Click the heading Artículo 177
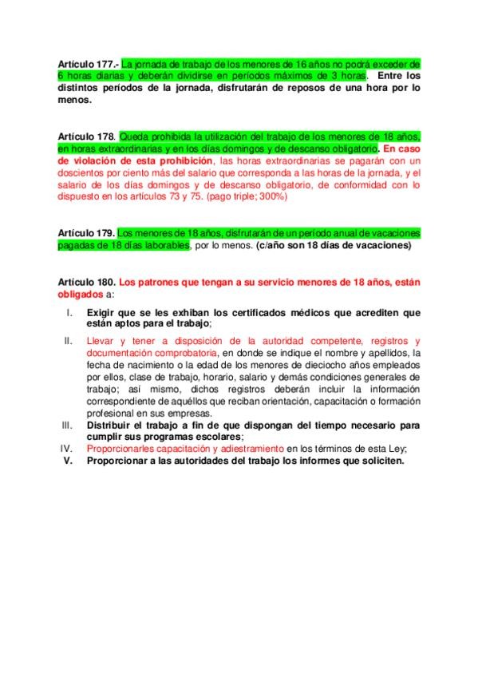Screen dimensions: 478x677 88,63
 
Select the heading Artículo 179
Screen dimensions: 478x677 87,233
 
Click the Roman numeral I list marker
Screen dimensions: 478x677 71,313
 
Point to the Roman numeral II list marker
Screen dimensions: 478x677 69,341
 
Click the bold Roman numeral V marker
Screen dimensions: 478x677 68,461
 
